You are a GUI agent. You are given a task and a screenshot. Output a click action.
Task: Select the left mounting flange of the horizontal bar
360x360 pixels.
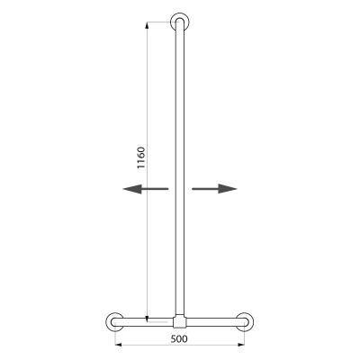pos(107,322)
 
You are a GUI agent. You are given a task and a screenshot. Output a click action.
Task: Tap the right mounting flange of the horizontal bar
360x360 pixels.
pos(253,322)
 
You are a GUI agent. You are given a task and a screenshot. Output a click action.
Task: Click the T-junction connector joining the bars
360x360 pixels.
pos(180,321)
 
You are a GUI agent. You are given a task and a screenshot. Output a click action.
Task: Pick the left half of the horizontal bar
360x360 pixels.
pos(143,322)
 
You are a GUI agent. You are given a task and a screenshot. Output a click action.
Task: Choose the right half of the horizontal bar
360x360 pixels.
pos(217,322)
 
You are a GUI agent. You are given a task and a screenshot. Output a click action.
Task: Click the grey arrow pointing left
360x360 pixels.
pos(146,189)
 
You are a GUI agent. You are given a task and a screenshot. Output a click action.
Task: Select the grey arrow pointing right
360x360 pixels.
pos(214,189)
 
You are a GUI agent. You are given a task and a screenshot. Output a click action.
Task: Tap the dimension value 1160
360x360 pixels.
pos(141,157)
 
